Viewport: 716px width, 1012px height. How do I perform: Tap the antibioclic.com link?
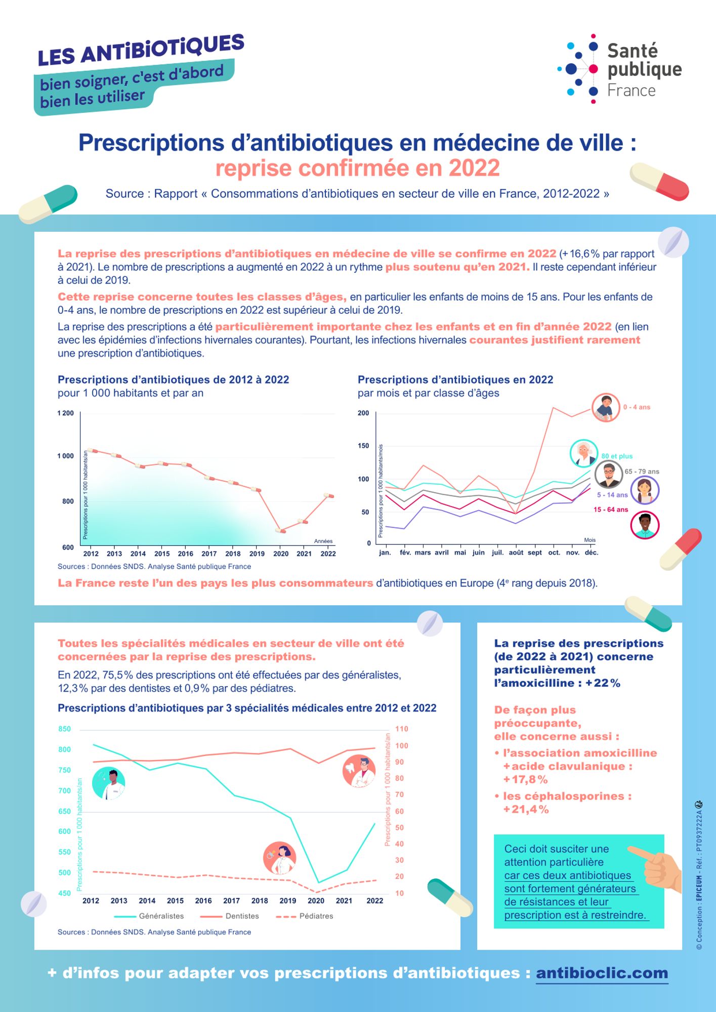[602, 973]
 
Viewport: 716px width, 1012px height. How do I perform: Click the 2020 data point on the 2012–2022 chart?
[280, 530]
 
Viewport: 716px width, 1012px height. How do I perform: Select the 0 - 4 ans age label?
[637, 407]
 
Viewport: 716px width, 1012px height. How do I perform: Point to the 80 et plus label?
[617, 456]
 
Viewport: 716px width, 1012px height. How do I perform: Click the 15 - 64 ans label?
[611, 510]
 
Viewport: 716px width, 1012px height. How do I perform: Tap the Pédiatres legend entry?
[316, 916]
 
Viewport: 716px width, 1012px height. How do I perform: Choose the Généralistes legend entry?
[161, 916]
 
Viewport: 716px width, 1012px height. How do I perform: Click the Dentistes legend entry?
[242, 916]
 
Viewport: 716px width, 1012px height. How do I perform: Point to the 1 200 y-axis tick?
[66, 413]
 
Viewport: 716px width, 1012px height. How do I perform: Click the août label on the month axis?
[516, 553]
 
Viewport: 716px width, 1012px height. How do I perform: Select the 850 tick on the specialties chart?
[65, 729]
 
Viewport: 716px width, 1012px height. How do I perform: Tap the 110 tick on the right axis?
[402, 729]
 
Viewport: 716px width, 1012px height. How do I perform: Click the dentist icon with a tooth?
[359, 771]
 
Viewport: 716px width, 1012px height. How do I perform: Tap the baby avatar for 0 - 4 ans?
[606, 407]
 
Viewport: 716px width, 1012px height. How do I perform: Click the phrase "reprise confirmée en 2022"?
[358, 168]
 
